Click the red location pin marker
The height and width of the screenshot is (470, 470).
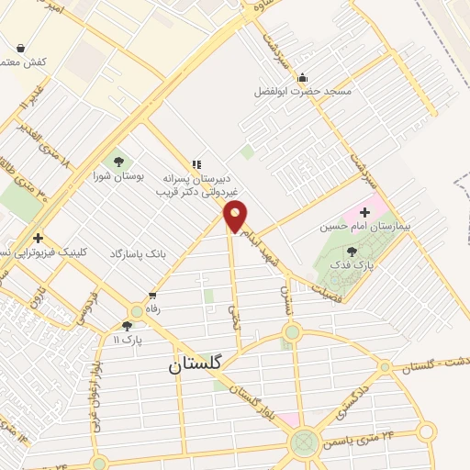[x=236, y=217]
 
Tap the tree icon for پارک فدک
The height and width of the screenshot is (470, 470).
[x=352, y=251]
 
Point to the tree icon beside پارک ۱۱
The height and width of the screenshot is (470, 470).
[x=127, y=326]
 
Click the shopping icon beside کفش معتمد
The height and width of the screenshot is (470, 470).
[x=20, y=48]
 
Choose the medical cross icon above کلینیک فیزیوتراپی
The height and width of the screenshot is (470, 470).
[x=37, y=238]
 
